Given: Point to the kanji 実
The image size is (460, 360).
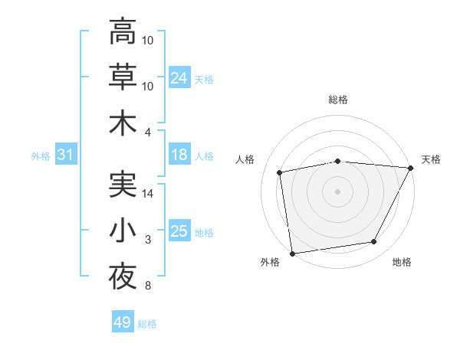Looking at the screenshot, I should pyautogui.click(x=123, y=184).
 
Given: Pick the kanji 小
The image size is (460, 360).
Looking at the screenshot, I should pyautogui.click(x=123, y=231).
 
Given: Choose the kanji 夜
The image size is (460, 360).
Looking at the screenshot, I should pyautogui.click(x=123, y=277).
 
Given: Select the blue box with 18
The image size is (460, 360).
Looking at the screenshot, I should pyautogui.click(x=179, y=155).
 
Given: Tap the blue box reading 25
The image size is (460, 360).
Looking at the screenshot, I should pyautogui.click(x=179, y=232).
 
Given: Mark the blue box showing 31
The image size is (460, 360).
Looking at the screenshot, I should pyautogui.click(x=66, y=155).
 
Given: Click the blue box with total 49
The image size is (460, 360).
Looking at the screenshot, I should pyautogui.click(x=123, y=322).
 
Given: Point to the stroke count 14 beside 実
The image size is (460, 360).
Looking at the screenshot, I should pyautogui.click(x=149, y=194).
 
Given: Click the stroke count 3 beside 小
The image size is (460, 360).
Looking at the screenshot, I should pyautogui.click(x=148, y=241).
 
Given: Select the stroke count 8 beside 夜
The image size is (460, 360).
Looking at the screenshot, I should pyautogui.click(x=148, y=286).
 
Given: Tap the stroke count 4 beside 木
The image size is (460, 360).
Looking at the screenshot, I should pyautogui.click(x=148, y=132).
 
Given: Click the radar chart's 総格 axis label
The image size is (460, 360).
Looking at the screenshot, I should pyautogui.click(x=338, y=100).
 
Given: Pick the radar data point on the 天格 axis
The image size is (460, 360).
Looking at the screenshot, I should pyautogui.click(x=412, y=168).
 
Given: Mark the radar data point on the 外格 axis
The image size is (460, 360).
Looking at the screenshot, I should pyautogui.click(x=292, y=253).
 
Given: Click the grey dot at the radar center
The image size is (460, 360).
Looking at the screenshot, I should pyautogui.click(x=338, y=191).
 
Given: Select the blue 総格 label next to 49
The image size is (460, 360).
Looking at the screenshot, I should pyautogui.click(x=147, y=324).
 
